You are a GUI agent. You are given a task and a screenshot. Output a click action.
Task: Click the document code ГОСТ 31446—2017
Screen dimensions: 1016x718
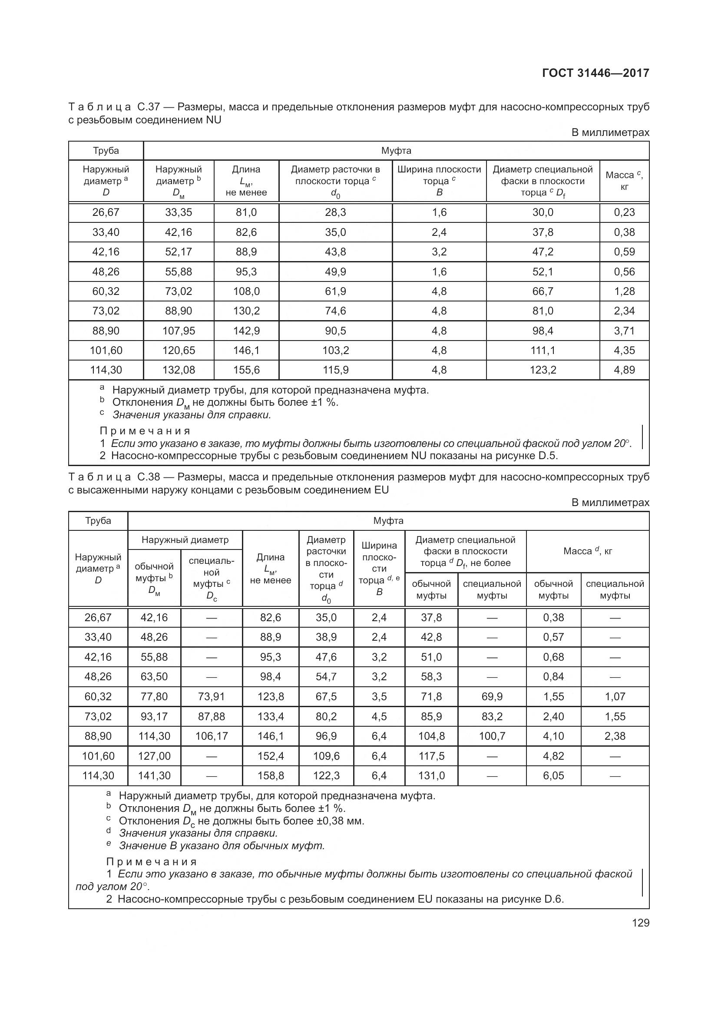(596, 73)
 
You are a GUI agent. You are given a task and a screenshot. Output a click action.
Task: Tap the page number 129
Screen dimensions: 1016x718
(640, 923)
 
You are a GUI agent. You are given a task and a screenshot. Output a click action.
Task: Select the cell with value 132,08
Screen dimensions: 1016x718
(178, 370)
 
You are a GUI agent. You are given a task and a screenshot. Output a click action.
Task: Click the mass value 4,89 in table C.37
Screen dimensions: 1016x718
(624, 370)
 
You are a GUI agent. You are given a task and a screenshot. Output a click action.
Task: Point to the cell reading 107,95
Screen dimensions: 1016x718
(178, 331)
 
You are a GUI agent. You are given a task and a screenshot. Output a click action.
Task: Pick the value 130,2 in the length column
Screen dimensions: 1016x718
(246, 311)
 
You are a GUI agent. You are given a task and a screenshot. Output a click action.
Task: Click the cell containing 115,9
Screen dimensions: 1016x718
(335, 370)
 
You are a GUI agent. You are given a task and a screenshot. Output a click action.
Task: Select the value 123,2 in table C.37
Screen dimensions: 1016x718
(543, 370)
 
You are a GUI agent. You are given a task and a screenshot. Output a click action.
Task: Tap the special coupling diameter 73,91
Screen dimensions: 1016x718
(211, 696)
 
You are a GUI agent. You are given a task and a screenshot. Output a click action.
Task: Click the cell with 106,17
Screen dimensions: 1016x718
(211, 736)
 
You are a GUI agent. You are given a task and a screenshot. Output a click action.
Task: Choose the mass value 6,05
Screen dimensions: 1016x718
(553, 775)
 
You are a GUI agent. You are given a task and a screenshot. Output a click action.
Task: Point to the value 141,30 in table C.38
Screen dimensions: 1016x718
(154, 775)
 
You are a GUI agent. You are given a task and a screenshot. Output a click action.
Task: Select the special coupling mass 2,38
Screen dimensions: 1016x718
(615, 736)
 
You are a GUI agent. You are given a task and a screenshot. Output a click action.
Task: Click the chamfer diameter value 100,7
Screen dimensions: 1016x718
(492, 736)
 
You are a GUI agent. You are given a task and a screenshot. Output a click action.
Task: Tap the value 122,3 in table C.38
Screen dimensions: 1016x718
(326, 775)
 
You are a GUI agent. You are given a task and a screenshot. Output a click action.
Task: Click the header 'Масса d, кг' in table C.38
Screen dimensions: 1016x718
(588, 551)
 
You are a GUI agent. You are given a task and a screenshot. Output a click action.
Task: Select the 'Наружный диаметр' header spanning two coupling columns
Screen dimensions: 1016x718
(185, 540)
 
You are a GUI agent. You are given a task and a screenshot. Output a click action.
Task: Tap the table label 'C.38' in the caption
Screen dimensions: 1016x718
(148, 477)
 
